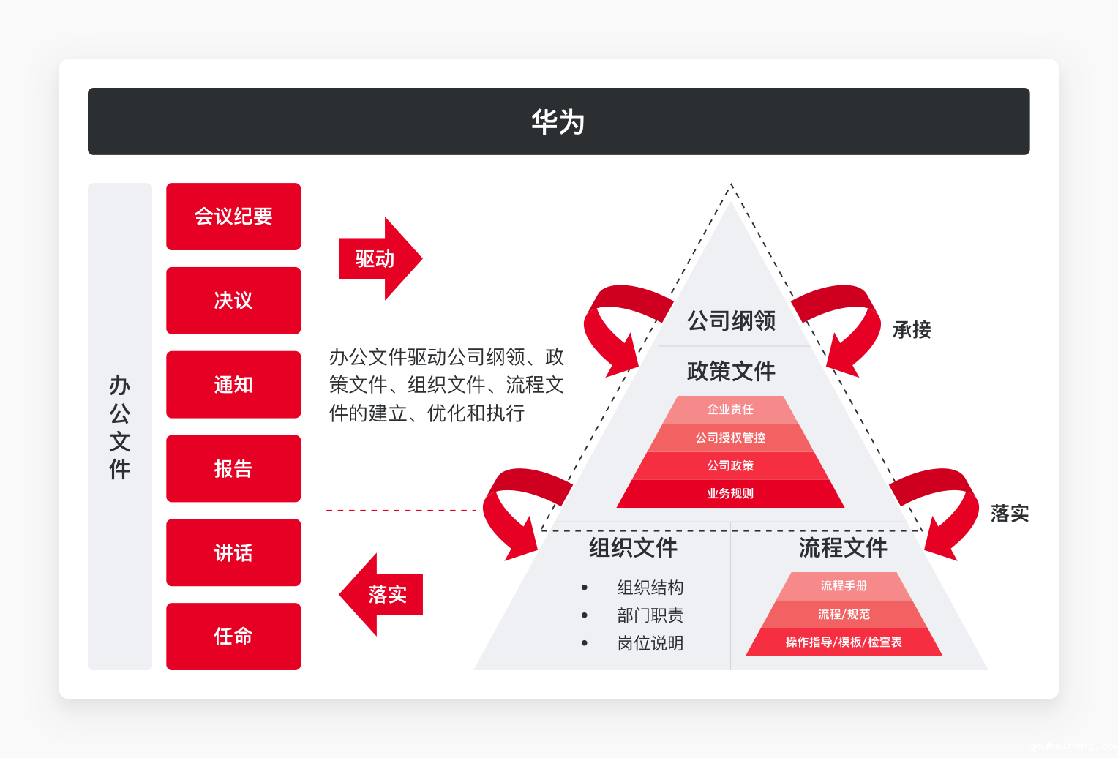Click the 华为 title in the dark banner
[x=558, y=121]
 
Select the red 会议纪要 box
[x=233, y=216]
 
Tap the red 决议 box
[x=233, y=301]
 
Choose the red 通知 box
[x=233, y=384]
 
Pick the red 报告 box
[x=233, y=468]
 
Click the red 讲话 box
[x=233, y=552]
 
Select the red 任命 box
[x=233, y=637]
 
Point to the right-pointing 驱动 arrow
[x=380, y=258]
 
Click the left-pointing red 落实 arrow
[x=380, y=594]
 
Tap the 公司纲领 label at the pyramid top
[x=731, y=320]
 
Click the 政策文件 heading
[x=731, y=371]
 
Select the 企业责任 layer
[x=730, y=410]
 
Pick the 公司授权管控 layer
[x=730, y=438]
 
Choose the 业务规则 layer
[x=730, y=494]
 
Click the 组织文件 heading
[x=633, y=547]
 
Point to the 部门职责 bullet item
[x=650, y=615]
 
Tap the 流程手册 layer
[x=844, y=586]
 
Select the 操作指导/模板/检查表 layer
[x=844, y=642]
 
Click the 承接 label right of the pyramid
[x=912, y=330]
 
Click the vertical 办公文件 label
[x=120, y=427]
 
